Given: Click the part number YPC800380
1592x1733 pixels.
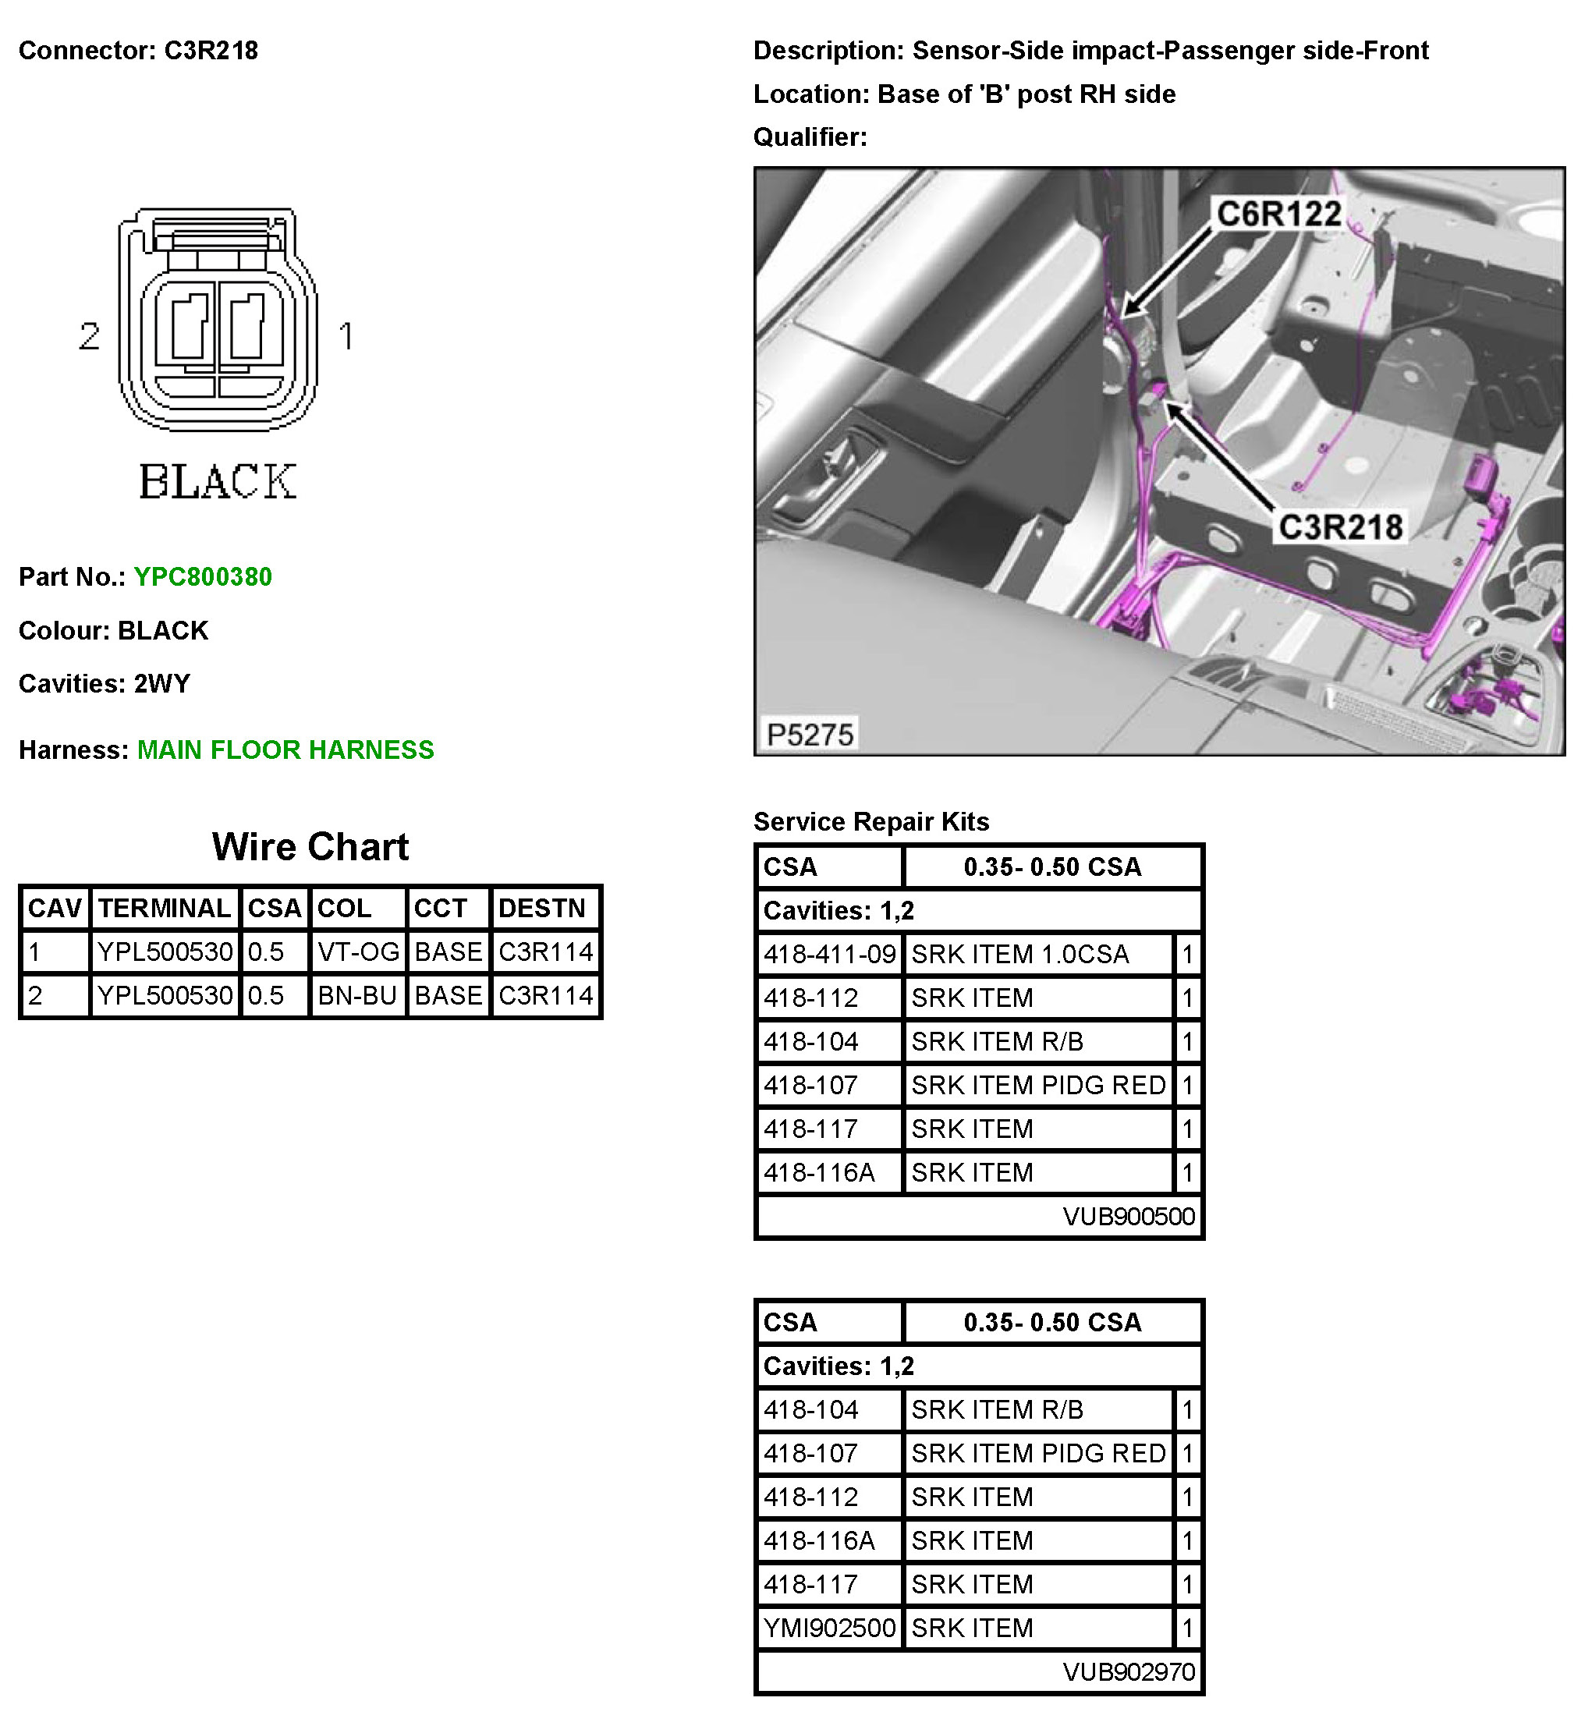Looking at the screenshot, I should point(203,577).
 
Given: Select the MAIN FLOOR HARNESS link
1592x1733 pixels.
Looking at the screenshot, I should point(285,750).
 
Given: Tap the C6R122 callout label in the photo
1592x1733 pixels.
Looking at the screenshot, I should point(1278,214).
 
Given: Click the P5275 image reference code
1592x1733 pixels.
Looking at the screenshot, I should point(810,735).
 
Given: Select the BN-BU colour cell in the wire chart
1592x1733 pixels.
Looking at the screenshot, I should point(357,996).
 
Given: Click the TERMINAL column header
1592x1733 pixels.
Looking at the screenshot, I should point(165,908).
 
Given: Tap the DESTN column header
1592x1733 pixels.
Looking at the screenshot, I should point(542,908).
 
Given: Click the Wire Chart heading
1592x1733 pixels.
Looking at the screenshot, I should point(310,847).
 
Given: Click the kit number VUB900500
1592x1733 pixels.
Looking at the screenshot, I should point(1129,1216).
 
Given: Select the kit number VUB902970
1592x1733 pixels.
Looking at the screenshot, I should point(1129,1672).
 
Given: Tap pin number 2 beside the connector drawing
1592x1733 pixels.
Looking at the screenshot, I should point(90,336).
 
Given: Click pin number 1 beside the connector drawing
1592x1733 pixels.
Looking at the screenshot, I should point(346,336).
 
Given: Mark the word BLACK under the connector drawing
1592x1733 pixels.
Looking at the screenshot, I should point(218,481).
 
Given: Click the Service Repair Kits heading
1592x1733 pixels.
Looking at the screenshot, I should point(871,822).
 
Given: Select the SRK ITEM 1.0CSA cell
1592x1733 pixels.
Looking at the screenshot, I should point(1020,955).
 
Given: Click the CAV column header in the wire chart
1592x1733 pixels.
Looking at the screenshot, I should point(55,908).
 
